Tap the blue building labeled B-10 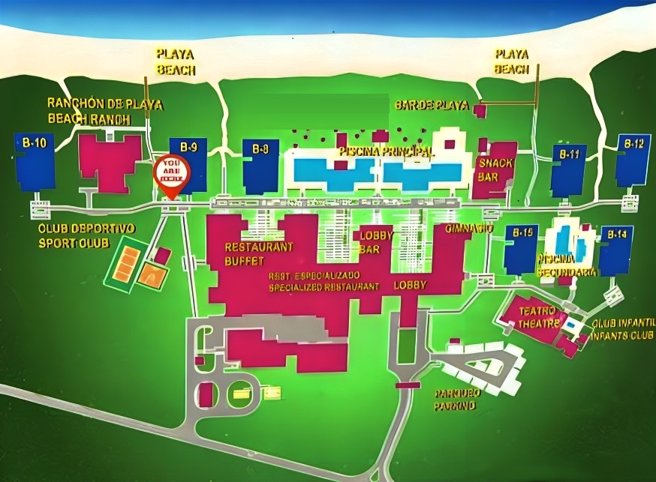(35, 161)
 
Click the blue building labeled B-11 (568, 169)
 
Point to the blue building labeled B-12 (633, 160)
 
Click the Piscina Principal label (386, 151)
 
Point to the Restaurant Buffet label (248, 253)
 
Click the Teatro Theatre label (537, 317)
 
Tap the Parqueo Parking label (454, 399)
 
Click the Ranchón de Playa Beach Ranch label (104, 111)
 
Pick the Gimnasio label (469, 228)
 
